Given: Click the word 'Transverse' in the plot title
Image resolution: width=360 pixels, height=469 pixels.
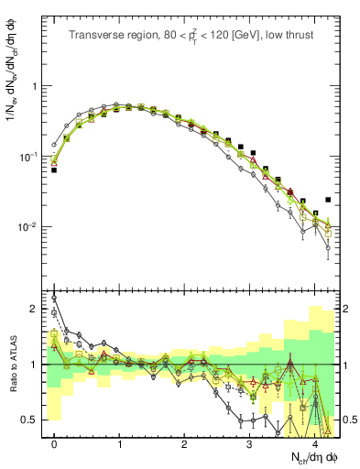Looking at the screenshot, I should pyautogui.click(x=94, y=36).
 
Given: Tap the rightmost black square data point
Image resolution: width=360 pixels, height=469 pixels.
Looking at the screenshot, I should pyautogui.click(x=328, y=200).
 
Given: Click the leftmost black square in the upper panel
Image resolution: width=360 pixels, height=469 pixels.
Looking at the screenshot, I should pyautogui.click(x=54, y=170).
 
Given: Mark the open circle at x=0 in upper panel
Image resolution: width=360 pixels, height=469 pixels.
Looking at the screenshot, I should pyautogui.click(x=54, y=145).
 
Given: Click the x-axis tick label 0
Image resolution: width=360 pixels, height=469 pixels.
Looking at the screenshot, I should pyautogui.click(x=54, y=444).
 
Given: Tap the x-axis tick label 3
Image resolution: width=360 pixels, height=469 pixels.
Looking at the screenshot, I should pyautogui.click(x=250, y=444).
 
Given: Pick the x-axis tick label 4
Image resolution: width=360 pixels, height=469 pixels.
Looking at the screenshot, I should pyautogui.click(x=315, y=444).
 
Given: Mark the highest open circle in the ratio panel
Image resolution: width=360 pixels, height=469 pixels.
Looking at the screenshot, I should pyautogui.click(x=54, y=298).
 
